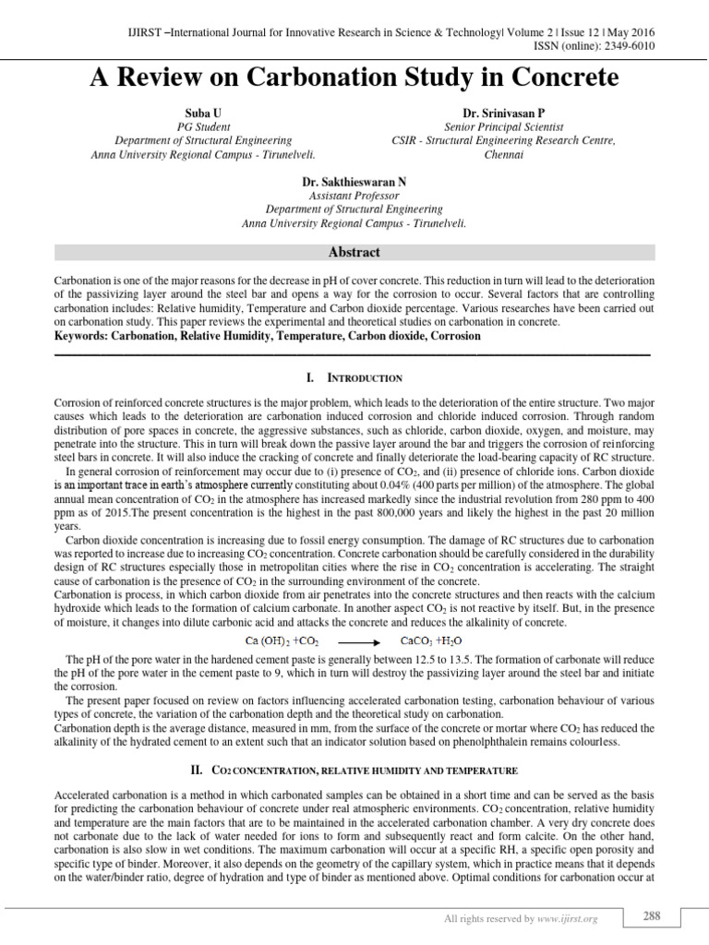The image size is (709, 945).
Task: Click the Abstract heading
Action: [x=354, y=252]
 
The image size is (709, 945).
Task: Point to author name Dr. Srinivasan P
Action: [x=504, y=112]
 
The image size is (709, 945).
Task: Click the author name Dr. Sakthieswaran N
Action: [x=354, y=182]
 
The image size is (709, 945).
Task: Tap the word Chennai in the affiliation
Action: [x=504, y=154]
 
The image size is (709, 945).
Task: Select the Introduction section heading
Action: [x=354, y=378]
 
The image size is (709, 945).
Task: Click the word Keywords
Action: [x=81, y=337]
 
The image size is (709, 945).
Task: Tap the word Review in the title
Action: [x=164, y=78]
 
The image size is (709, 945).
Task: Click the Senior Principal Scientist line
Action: [x=504, y=126]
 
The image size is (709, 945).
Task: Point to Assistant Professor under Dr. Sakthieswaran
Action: [x=354, y=196]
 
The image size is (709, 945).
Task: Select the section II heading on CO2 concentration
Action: [x=354, y=770]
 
